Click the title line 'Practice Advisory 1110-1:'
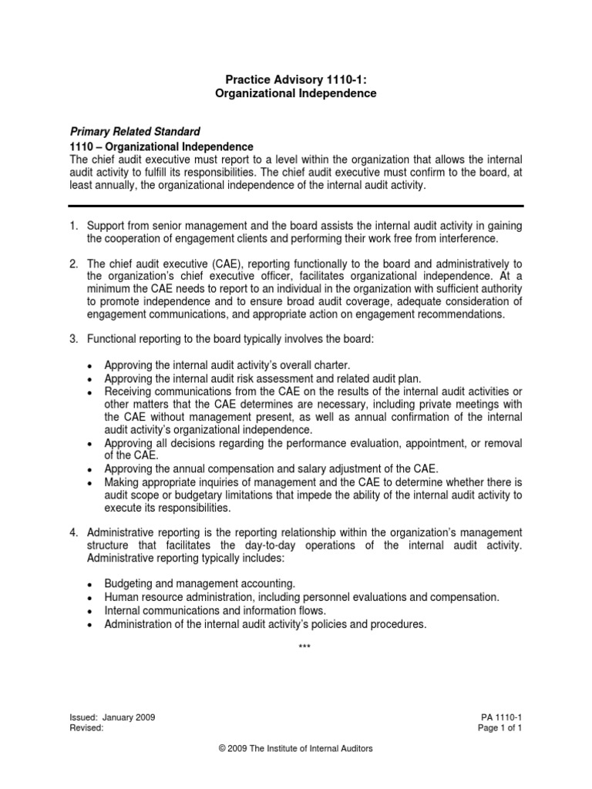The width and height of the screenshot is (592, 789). pos(295,79)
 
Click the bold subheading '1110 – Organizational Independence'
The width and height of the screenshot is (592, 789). pos(161,146)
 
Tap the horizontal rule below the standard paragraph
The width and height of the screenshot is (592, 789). pos(296,206)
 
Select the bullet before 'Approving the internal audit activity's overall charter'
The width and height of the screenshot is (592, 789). pos(91,366)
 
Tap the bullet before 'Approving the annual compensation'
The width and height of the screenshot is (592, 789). pos(91,469)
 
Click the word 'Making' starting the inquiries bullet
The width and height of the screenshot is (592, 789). pos(122,482)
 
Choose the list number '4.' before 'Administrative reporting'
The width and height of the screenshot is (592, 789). pos(74,532)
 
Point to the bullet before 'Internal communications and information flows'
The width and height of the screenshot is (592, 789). pos(91,612)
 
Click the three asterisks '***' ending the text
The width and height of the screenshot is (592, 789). pos(304,646)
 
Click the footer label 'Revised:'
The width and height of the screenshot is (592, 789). pos(86,727)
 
